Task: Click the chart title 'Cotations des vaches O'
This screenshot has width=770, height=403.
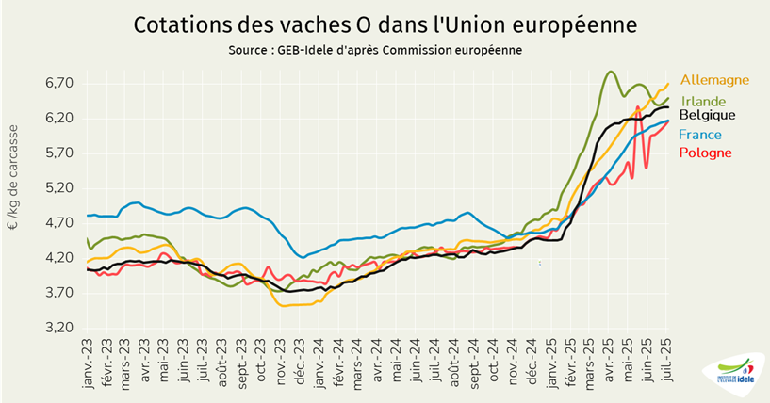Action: [385, 23]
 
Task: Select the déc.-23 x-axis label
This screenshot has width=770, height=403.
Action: [301, 359]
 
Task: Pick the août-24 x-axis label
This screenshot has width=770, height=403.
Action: [455, 359]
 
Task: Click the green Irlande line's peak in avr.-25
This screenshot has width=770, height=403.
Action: [611, 72]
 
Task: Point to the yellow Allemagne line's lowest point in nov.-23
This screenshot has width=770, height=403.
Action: [285, 305]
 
